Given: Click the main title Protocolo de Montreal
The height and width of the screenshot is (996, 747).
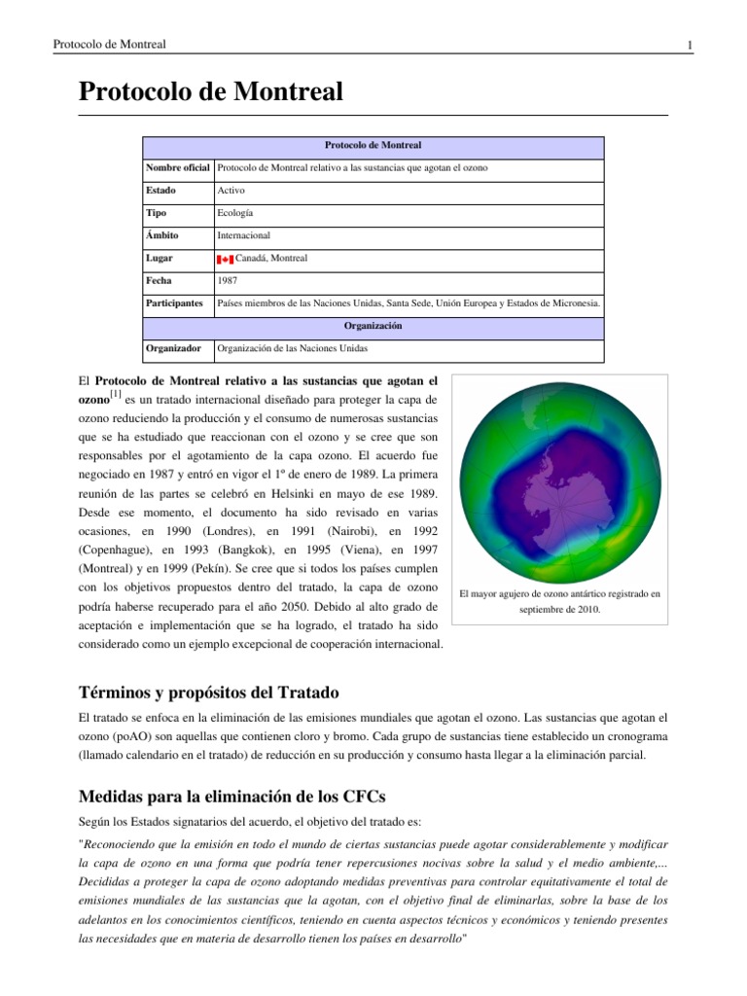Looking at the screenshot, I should click(x=210, y=93).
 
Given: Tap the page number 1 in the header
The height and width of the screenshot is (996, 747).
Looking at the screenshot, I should click(x=689, y=45).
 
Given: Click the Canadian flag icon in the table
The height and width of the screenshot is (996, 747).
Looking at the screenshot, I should click(x=225, y=259).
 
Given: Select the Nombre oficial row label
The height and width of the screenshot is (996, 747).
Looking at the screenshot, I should click(x=178, y=168).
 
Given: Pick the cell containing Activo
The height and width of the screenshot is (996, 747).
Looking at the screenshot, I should click(x=231, y=191).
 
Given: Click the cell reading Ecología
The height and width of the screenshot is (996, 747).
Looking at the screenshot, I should click(x=237, y=213).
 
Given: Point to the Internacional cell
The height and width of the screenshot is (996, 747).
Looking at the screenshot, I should click(x=244, y=235).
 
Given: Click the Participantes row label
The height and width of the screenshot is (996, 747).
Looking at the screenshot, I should click(x=176, y=303).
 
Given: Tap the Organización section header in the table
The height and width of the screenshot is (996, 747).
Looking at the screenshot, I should click(x=373, y=326).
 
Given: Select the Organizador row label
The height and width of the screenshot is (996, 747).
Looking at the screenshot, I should click(x=174, y=348).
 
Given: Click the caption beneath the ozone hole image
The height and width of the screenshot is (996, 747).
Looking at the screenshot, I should click(x=559, y=600).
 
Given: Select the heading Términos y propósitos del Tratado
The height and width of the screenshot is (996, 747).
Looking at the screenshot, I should click(x=208, y=693).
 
